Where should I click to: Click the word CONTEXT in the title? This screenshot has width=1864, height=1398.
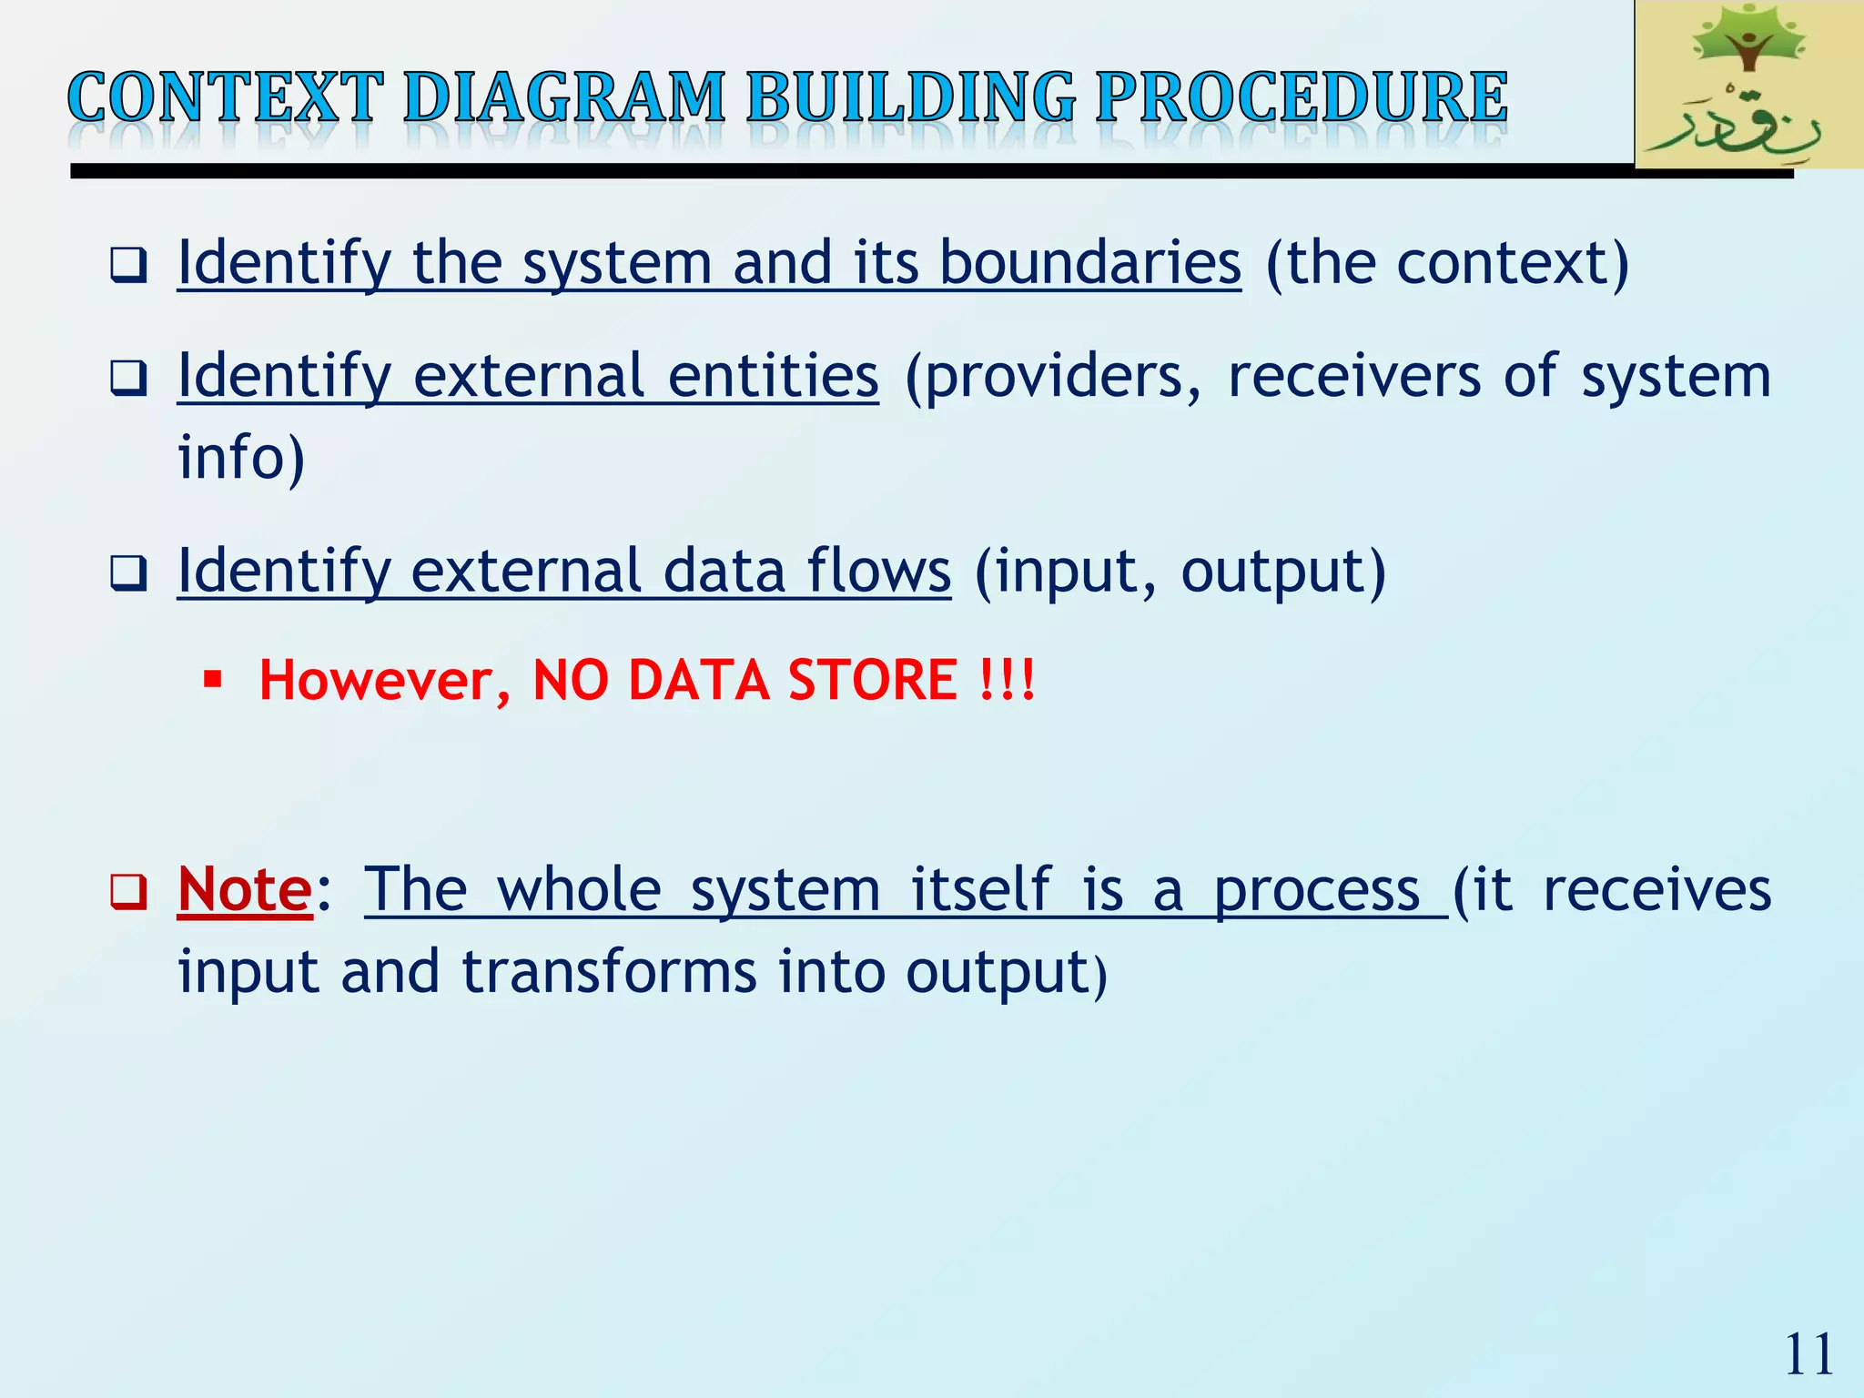tap(225, 97)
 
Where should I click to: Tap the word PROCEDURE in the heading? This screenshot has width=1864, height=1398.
tap(1301, 97)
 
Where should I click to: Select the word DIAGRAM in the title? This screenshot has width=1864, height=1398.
tap(564, 97)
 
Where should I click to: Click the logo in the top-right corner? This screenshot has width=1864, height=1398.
tap(1747, 84)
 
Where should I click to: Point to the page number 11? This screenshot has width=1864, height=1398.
tap(1808, 1355)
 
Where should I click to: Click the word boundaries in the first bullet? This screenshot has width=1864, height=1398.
tap(1089, 263)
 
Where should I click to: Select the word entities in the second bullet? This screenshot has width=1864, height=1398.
tap(773, 376)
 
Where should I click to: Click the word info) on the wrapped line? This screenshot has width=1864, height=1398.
tap(241, 457)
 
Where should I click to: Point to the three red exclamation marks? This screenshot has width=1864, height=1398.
tap(1008, 680)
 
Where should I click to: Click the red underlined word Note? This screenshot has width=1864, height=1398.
tap(245, 889)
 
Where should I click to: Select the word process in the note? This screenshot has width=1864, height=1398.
tap(1317, 889)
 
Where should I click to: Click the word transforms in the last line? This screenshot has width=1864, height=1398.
tap(608, 972)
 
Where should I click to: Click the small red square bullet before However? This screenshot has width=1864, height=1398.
tap(213, 679)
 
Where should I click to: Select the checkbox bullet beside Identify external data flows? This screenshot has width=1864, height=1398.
tap(128, 574)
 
